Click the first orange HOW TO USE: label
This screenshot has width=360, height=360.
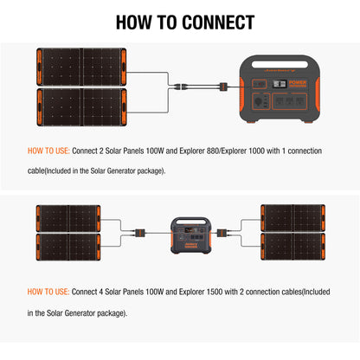point(48,151)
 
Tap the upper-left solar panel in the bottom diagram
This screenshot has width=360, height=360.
point(70,218)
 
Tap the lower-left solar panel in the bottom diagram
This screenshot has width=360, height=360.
point(70,245)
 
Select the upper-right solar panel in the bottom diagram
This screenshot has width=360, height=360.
point(290,218)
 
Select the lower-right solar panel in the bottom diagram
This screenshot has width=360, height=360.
point(290,245)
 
